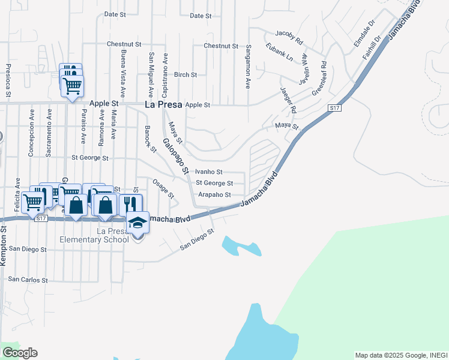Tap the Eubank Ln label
point(281,53)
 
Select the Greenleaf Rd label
point(319,78)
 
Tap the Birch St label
point(185,75)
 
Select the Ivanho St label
point(209,172)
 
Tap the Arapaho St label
point(214,194)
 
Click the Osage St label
point(163,188)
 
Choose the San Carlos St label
point(28,280)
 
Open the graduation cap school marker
point(138,223)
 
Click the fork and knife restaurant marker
point(131,205)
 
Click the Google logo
point(20,353)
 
